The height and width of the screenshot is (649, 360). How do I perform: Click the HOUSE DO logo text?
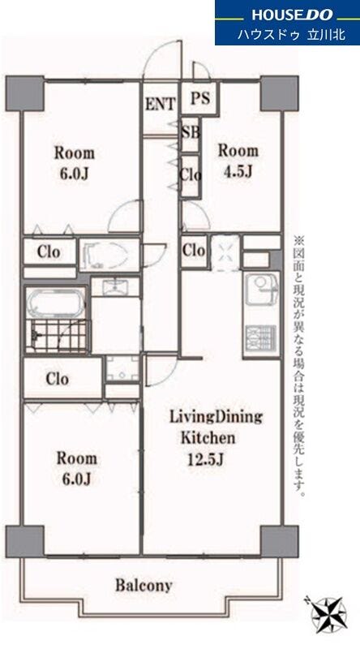coord(292,15)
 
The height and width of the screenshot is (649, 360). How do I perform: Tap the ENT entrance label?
coord(160,104)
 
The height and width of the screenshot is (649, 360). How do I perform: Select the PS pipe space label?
coord(200,98)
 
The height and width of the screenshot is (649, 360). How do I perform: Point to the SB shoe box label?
coord(191,132)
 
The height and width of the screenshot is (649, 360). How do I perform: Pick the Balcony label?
coord(144,586)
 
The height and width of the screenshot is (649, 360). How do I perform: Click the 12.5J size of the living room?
coord(206,459)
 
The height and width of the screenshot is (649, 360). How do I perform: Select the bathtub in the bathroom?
coord(54,303)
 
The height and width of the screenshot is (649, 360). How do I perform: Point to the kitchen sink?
coord(262,290)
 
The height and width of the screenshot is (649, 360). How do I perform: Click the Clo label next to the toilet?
coord(49,251)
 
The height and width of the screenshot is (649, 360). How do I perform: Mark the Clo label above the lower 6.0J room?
coord(57,379)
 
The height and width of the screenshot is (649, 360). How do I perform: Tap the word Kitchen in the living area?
coord(208,437)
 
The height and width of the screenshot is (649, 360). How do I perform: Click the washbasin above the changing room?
coord(115,286)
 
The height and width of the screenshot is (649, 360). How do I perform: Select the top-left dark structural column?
coord(25,93)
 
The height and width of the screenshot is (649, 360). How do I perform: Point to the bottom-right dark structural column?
coord(279,541)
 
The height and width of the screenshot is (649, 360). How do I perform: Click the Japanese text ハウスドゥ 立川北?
coord(291,34)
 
